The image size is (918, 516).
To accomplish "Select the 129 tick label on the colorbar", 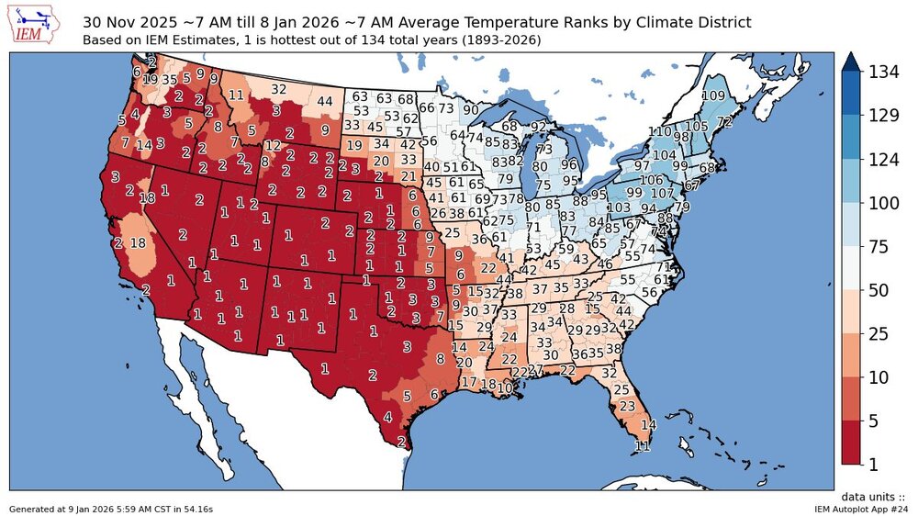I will pos(884,115).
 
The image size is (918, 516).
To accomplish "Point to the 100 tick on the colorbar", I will pos(884,202).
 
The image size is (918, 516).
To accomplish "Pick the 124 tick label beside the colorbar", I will pos(884,159).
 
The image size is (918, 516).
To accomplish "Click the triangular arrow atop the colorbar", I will pos(851,62).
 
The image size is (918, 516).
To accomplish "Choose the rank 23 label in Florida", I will pos(628,405).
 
